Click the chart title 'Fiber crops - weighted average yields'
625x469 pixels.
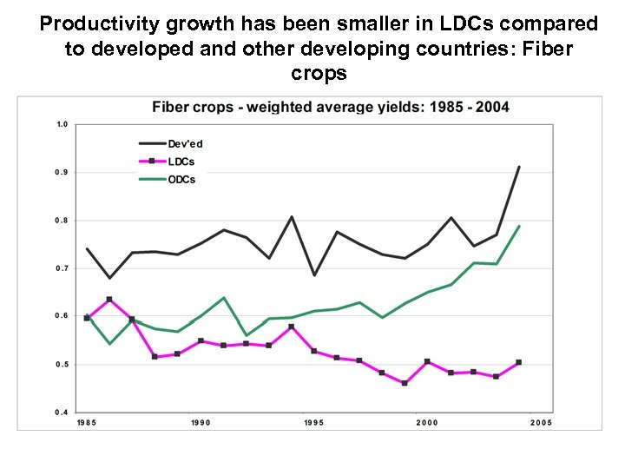click(331, 108)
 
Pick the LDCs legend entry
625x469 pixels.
click(181, 162)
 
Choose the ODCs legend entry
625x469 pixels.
click(181, 180)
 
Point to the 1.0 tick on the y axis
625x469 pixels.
click(62, 124)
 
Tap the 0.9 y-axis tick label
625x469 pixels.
click(62, 173)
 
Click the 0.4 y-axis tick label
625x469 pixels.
click(62, 412)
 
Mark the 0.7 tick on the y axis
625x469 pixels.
click(62, 268)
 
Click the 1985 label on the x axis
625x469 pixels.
click(87, 422)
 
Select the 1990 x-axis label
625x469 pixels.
click(201, 422)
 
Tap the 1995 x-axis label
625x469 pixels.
click(314, 422)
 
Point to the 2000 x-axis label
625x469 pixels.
click(428, 422)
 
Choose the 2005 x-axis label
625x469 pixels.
click(541, 422)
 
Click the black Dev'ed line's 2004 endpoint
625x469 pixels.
click(519, 167)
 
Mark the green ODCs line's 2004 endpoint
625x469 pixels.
click(519, 227)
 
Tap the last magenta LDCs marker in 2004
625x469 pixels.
click(519, 362)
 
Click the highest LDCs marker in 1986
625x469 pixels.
click(109, 300)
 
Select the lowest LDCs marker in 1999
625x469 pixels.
click(405, 383)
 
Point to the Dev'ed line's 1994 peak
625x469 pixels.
click(292, 217)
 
